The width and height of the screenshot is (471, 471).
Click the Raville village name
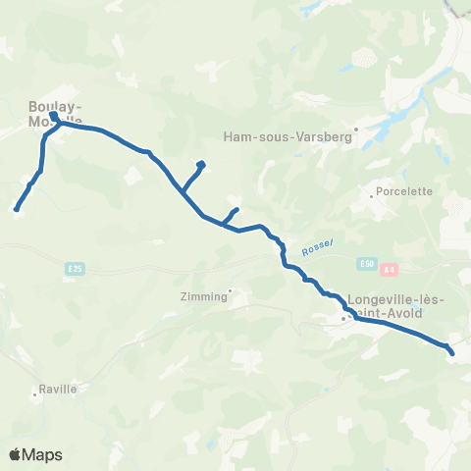pyautogui.click(x=58, y=389)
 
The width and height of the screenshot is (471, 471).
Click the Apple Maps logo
pyautogui.click(x=35, y=454)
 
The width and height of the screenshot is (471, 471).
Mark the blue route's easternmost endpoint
pyautogui.click(x=452, y=351)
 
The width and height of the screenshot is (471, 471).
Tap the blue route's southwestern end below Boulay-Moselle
pyautogui.click(x=17, y=208)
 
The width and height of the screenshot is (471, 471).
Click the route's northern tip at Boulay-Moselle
pyautogui.click(x=53, y=116)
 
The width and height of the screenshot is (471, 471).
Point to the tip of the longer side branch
pyautogui.click(x=201, y=164)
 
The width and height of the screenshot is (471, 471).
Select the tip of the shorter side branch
pyautogui.click(x=235, y=210)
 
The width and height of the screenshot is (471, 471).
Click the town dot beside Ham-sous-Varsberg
pyautogui.click(x=357, y=128)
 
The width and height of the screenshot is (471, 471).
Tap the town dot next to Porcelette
pyautogui.click(x=372, y=196)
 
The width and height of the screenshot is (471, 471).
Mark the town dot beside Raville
pyautogui.click(x=35, y=396)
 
